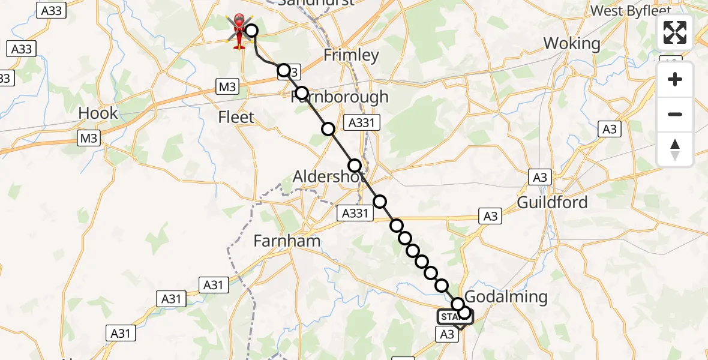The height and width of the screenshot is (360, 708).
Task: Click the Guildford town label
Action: [x=552, y=202]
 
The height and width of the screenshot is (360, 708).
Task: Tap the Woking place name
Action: [x=571, y=43]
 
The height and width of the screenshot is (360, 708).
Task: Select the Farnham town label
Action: [x=287, y=241]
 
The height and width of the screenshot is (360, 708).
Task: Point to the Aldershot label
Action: [x=329, y=177]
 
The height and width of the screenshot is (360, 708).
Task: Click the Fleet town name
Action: [x=237, y=117]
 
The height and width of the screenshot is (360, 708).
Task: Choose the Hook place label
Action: [x=98, y=113]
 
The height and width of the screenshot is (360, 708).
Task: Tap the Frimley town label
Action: [x=352, y=55]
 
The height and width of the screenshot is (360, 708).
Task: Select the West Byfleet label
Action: [x=628, y=10]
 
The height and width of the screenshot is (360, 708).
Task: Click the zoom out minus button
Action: [x=675, y=115]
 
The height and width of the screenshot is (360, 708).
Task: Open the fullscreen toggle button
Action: [x=675, y=32]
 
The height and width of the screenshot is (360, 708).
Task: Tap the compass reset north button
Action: [x=675, y=149]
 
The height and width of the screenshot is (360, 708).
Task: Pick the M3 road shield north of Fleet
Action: [x=227, y=87]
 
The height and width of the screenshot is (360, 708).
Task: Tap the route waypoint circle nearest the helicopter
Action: [x=251, y=31]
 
